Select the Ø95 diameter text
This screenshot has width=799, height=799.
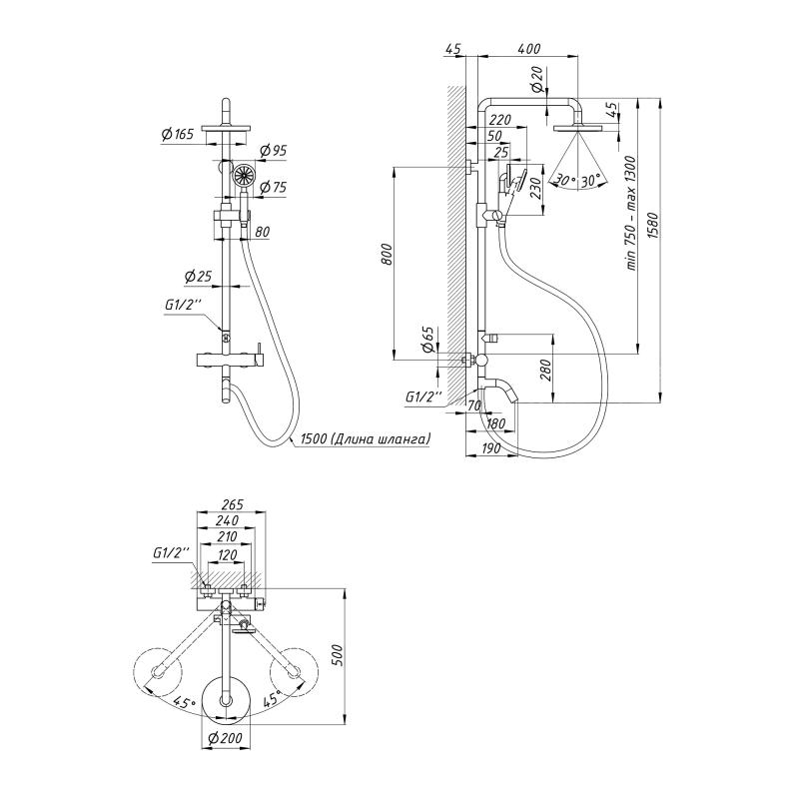click(x=273, y=151)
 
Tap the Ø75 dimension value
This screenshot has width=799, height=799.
click(x=273, y=186)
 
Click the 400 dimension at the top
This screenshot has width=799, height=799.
click(x=529, y=49)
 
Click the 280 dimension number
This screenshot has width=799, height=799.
click(x=544, y=372)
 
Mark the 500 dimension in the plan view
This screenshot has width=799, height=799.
click(x=338, y=653)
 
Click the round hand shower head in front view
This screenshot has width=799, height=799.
click(x=242, y=178)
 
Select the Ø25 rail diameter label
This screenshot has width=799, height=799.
click(x=198, y=276)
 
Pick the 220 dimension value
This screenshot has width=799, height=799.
click(x=501, y=120)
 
